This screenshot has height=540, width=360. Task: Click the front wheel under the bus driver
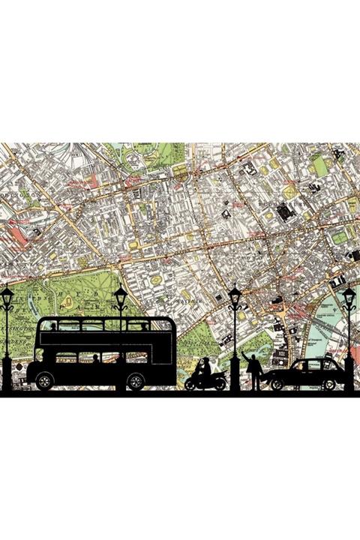pos(135,381)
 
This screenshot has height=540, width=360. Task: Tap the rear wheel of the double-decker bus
pos(43,381)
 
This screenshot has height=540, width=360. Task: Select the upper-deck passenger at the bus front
pos(144,326)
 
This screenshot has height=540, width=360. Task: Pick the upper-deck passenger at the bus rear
pos(53,326)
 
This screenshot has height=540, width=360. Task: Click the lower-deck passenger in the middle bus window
pos(95,358)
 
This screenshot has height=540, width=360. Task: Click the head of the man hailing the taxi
pos(254,359)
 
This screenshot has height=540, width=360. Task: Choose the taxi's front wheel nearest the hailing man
pos(276,384)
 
